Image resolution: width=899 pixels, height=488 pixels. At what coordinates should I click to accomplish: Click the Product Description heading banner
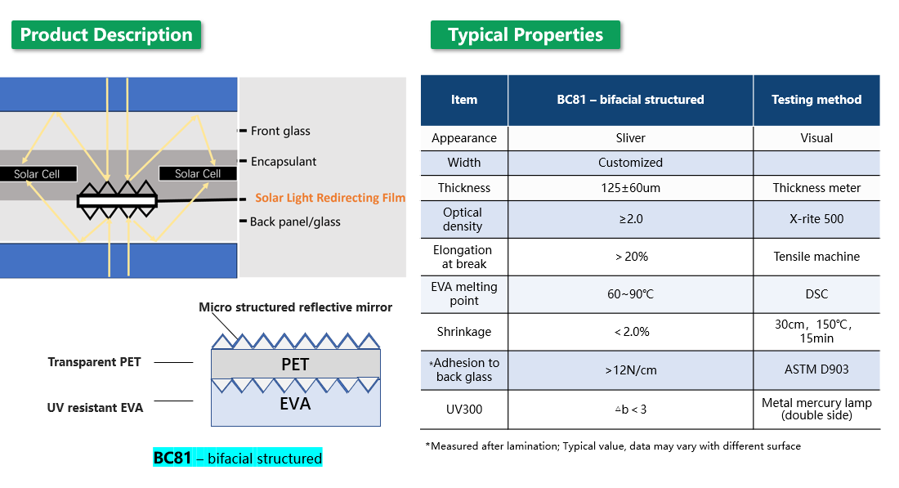106,35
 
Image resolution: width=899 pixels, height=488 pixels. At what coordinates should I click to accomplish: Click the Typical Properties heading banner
525,35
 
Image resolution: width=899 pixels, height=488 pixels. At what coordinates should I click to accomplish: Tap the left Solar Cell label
37,174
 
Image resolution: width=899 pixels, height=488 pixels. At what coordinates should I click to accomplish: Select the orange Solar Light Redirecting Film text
329,198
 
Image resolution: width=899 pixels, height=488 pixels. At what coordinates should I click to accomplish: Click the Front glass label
280,131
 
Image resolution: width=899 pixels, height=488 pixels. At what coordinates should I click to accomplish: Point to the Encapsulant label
284,161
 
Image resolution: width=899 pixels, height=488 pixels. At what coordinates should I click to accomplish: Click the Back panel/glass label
295,222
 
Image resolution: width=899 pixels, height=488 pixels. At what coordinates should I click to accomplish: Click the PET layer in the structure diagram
295,365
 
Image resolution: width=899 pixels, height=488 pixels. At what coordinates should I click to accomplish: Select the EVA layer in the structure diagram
295,404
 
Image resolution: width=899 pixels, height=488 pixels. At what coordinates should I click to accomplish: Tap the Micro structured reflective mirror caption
295,307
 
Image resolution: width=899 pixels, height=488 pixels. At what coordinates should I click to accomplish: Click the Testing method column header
816,100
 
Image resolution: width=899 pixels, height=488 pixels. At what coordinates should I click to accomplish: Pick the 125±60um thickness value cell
630,188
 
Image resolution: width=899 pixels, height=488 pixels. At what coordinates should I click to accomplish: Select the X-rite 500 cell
816,219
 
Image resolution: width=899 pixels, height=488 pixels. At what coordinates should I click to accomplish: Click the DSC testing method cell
816,294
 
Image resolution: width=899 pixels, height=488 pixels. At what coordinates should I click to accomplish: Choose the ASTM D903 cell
816,369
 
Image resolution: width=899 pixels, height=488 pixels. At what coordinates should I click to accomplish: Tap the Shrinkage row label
464,332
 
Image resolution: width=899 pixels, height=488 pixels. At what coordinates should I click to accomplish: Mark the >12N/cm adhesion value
630,370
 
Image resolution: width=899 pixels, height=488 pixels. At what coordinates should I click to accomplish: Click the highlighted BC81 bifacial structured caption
238,459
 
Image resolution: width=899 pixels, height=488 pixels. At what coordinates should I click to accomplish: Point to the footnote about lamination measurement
613,446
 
